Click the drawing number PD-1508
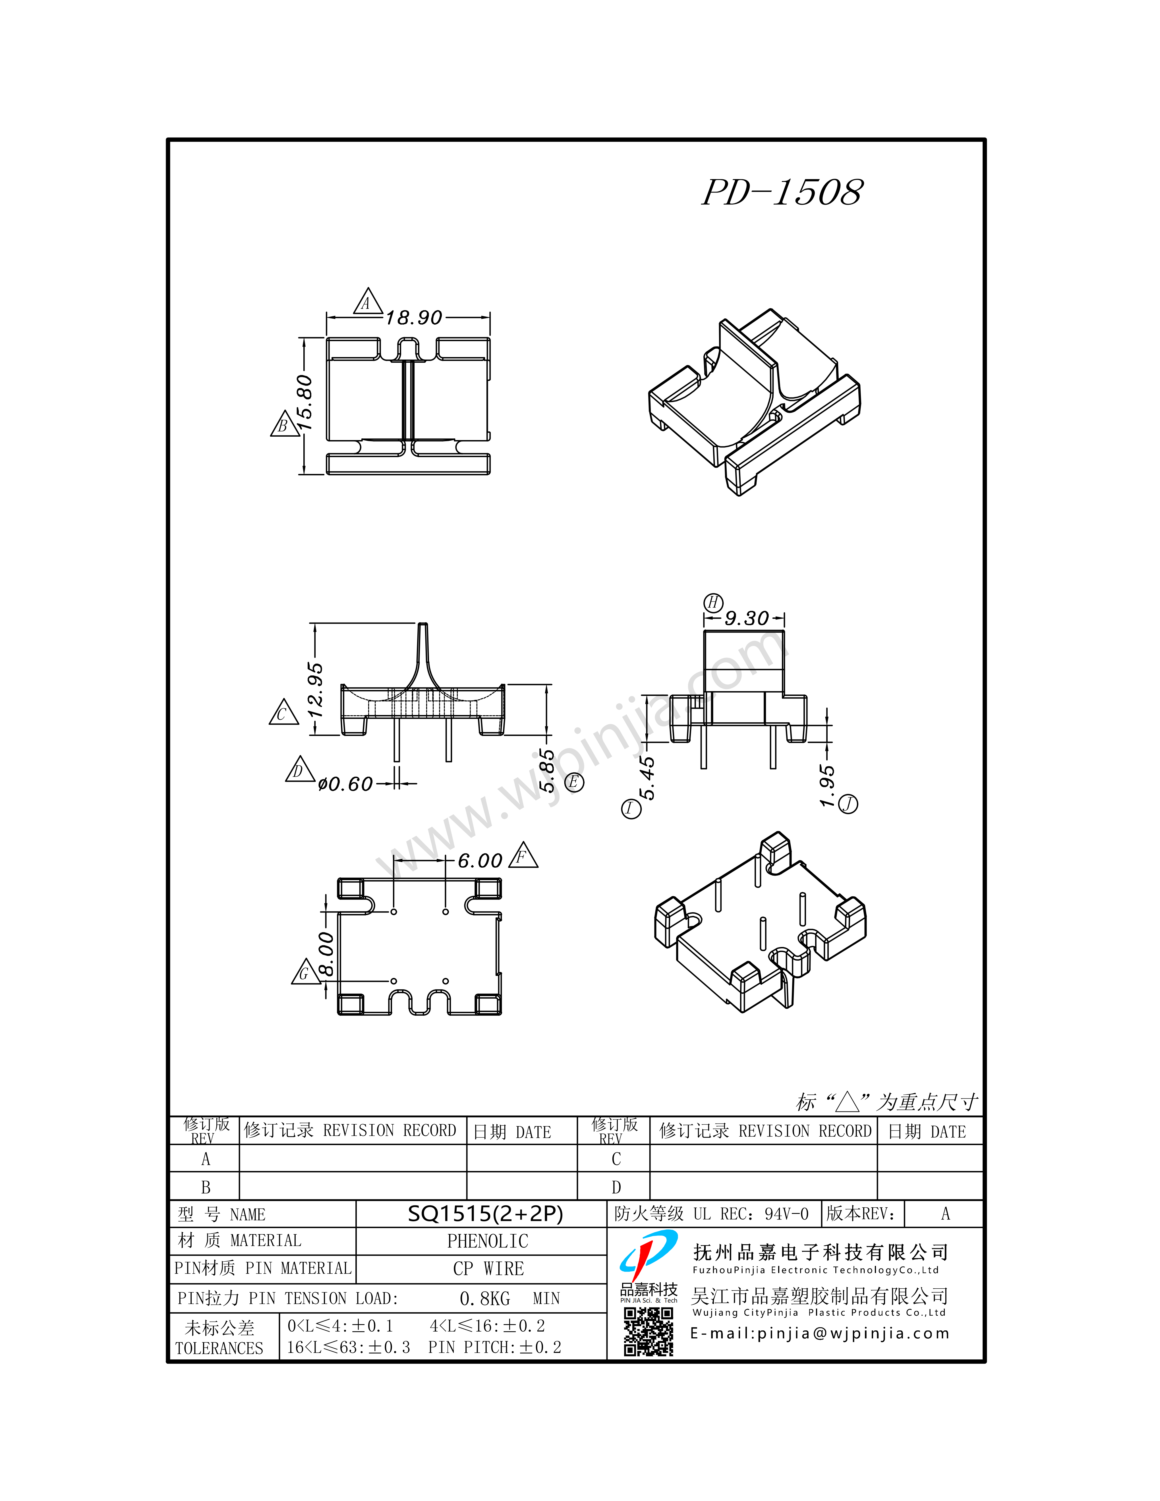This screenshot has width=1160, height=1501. point(782,192)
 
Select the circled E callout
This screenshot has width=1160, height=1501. point(574,782)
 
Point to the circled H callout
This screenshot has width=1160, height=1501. point(713,603)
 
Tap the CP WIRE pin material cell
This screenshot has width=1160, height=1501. point(488,1269)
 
